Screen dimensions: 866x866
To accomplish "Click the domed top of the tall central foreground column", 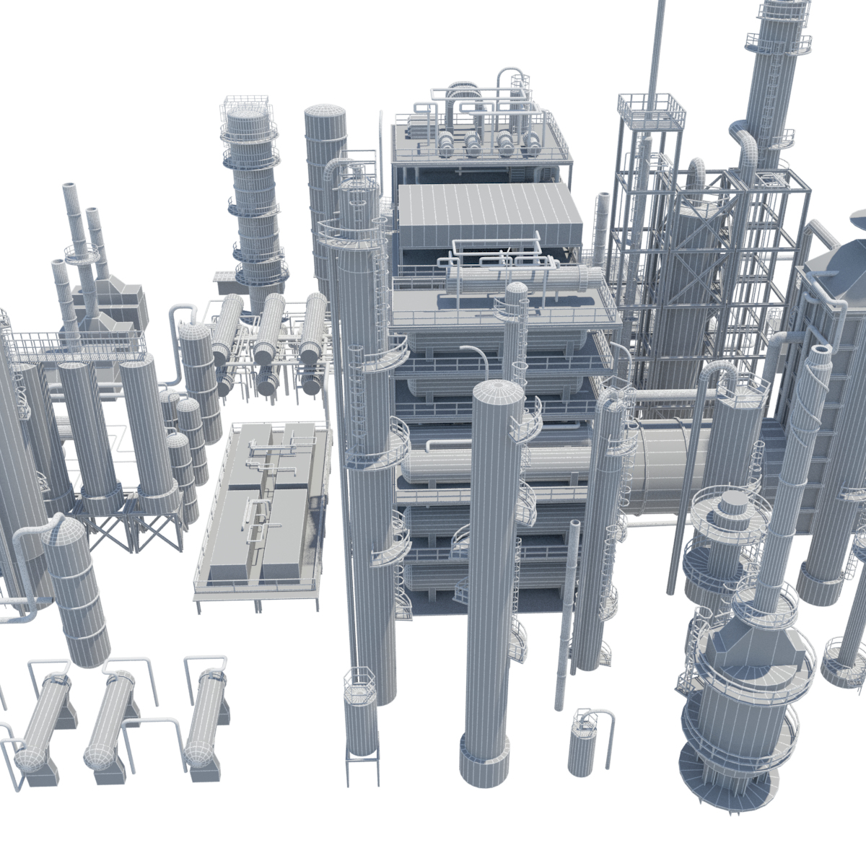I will tap(498, 393).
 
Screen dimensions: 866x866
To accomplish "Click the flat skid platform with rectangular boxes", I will tap(260, 512).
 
